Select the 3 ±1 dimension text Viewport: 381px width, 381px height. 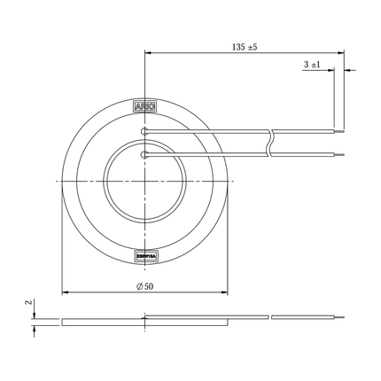coord(312,65)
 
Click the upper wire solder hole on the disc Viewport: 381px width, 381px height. coord(144,133)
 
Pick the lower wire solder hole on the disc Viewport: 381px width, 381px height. coord(144,155)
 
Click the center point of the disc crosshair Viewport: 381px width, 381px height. coord(144,181)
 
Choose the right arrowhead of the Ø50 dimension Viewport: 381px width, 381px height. coord(225,292)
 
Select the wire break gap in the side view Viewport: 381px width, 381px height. coord(270,316)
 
